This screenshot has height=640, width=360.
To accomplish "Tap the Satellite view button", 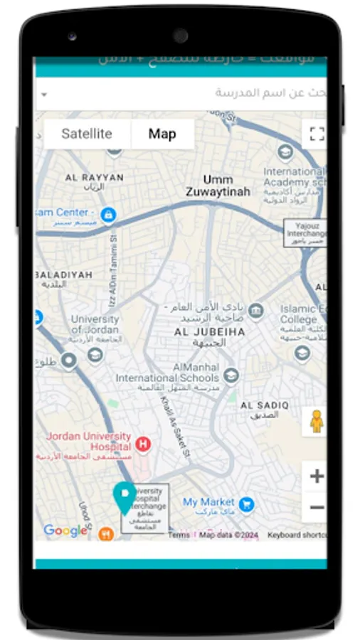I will tap(87, 134).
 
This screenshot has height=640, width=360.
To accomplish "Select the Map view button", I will tap(162, 134).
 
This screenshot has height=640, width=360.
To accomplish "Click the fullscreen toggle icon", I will tap(317, 134).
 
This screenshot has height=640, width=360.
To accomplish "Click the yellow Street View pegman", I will tap(317, 422).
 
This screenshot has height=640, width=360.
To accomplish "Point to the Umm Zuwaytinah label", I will tap(218, 186).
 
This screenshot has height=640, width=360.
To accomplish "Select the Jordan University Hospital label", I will tap(89, 441).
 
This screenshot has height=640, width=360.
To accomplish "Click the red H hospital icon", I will tap(143, 444).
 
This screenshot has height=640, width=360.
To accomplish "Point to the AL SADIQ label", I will tap(265, 405).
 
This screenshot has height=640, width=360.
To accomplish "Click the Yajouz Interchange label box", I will tap(305, 233).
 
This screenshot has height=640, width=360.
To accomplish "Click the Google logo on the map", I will tap(65, 530).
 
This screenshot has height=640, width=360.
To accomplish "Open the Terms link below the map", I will tap(179, 535).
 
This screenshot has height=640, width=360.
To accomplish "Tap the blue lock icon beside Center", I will tap(108, 213).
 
